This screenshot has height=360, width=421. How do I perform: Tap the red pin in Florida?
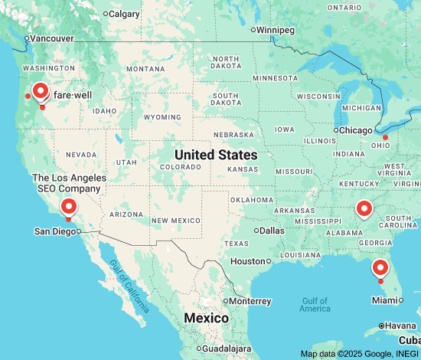coord(380,268)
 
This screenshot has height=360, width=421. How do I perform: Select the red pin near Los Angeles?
coord(69,206)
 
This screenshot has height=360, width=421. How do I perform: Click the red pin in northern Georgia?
coord(364,208)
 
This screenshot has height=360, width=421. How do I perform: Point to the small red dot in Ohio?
coord(386,138)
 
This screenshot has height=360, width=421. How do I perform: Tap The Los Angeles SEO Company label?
coord(70,182)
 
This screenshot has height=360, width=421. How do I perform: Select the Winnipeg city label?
coord(275,30)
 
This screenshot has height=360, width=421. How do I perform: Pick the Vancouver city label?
coord(51,38)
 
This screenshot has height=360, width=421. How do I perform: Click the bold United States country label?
coord(216,155)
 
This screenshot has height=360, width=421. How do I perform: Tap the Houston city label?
coord(247,261)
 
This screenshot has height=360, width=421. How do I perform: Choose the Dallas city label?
coord(271,230)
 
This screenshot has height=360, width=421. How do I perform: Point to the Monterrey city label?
coord(250,301)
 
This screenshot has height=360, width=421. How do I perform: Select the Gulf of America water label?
coord(315,304)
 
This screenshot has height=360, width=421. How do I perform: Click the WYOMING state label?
coord(162,117)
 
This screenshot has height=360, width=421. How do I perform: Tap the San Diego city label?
coord(55,231)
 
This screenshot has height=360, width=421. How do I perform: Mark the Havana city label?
coord(400,326)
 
